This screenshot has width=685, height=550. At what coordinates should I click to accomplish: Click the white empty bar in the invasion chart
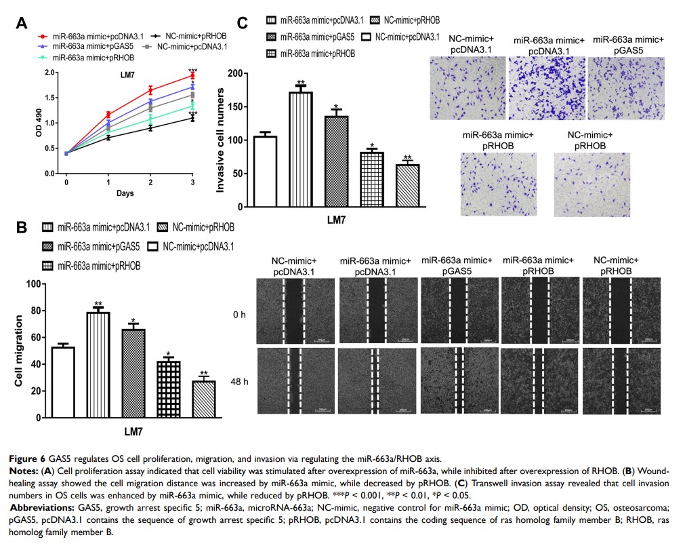(266, 172)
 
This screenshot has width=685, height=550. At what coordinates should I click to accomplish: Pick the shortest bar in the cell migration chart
(204, 400)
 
